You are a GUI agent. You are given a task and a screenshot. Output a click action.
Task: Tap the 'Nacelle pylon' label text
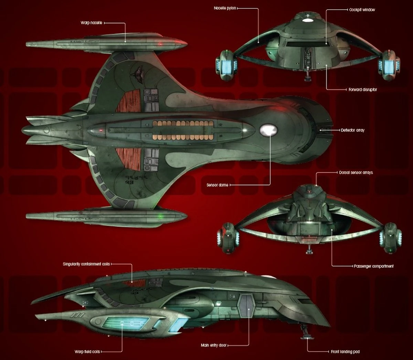225,8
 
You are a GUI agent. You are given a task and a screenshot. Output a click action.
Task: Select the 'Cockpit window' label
362,10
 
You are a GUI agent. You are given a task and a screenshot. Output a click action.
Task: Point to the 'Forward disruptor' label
363,89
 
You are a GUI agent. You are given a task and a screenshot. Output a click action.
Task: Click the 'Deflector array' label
352,130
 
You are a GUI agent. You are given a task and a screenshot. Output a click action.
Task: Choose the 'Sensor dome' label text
217,185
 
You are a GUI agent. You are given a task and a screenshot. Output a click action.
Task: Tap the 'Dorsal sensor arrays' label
356,172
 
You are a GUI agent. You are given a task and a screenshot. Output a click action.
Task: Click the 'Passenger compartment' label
373,266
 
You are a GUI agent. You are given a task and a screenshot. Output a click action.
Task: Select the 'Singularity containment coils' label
86,264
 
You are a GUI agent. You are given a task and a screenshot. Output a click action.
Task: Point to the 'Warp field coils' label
87,352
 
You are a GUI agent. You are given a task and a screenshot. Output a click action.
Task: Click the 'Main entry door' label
214,345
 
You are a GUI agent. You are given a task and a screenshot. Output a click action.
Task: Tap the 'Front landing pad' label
345,352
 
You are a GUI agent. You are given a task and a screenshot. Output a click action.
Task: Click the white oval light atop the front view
306,20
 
